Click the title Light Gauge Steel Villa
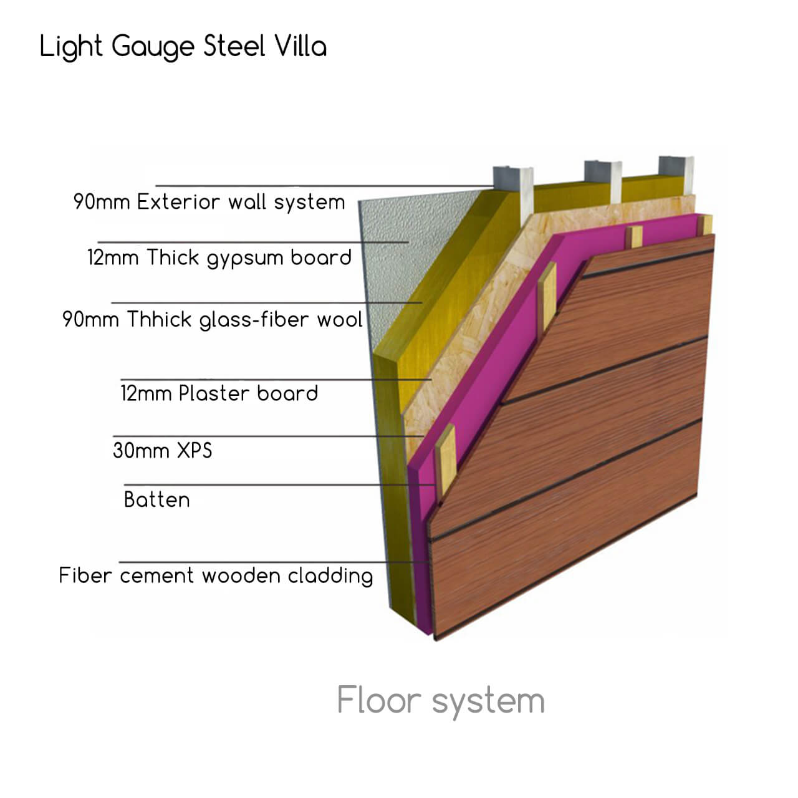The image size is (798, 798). (x=183, y=47)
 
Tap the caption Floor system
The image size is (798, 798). (x=440, y=701)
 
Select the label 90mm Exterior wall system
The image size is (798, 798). (x=209, y=202)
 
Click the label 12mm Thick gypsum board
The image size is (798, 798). (x=219, y=257)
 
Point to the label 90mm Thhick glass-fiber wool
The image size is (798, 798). (x=212, y=320)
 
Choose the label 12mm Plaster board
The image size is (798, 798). (x=219, y=393)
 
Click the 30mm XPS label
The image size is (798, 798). (x=162, y=450)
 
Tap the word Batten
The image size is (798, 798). (x=156, y=500)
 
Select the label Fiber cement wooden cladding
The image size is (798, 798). (x=216, y=575)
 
